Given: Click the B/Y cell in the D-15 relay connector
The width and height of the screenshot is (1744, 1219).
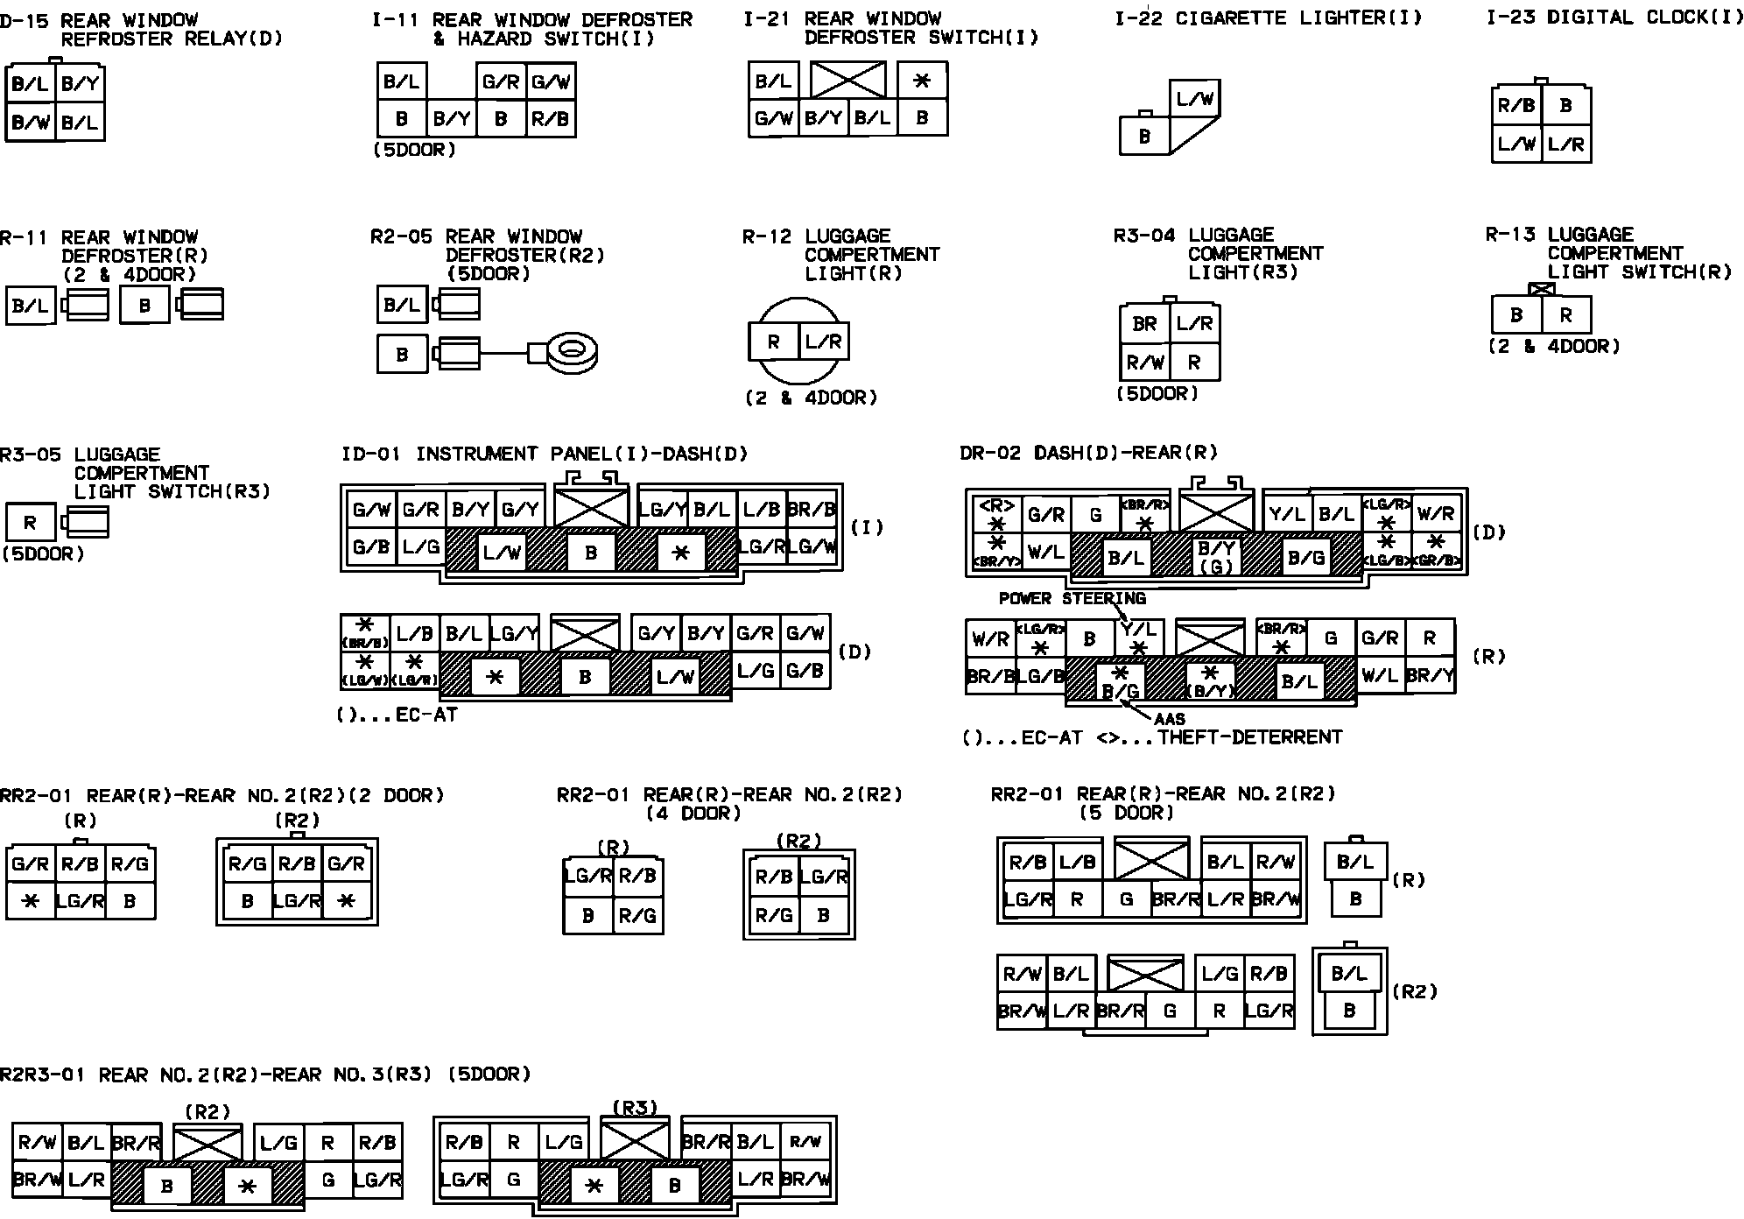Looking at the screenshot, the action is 81,85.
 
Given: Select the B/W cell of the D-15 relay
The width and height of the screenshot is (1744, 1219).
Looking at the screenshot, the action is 31,123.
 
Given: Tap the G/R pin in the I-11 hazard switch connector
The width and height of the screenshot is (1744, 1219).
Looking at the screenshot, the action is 501,82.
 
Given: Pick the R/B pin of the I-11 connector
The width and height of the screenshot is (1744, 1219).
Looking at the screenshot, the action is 551,118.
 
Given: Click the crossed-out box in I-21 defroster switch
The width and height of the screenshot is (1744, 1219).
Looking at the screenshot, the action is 847,80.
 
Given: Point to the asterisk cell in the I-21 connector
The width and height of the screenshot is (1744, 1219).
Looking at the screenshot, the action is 922,81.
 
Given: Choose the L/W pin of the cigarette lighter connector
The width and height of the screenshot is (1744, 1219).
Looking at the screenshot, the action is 1195,100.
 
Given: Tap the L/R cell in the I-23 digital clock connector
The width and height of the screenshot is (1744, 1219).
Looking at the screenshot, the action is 1566,144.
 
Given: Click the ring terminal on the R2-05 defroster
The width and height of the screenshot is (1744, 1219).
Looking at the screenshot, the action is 573,353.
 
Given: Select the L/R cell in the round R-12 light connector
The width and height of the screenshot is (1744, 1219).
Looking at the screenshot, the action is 824,342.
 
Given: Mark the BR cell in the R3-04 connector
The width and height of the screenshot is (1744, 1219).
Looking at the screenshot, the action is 1145,324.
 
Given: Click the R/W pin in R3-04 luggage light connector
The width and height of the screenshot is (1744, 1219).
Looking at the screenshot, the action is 1145,362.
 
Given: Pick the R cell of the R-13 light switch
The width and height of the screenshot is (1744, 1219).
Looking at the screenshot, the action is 1566,315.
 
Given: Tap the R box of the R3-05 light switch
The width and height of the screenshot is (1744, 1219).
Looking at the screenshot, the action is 31,523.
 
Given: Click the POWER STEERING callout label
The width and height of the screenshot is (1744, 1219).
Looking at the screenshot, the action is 1072,599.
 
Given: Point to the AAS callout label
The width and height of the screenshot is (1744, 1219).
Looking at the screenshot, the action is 1170,719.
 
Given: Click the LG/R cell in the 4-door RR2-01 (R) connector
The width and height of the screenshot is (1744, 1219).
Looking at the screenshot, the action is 587,876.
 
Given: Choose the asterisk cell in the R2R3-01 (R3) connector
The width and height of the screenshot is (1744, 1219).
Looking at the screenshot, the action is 594,1186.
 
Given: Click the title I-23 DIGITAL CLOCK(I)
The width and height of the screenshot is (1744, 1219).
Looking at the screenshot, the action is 1614,18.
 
